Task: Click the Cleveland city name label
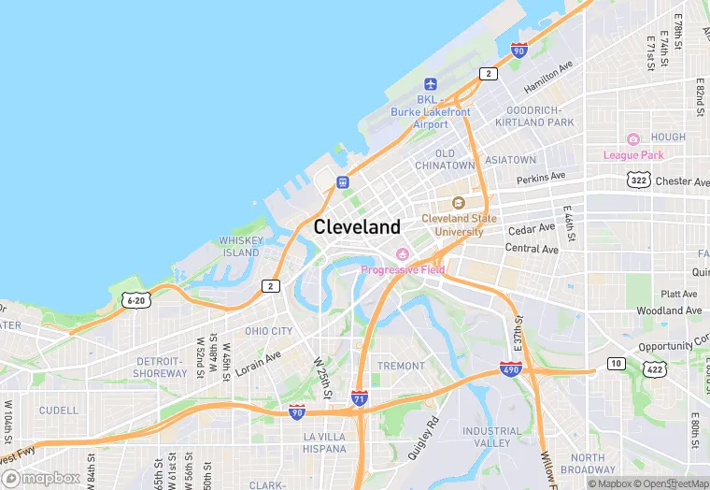(x=357, y=226)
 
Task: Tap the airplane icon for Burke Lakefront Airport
(x=430, y=84)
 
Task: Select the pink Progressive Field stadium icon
(x=403, y=254)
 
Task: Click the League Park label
(x=633, y=154)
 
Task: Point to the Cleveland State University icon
(x=458, y=203)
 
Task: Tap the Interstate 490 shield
(x=510, y=370)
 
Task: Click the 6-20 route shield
(x=135, y=300)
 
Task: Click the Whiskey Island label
(x=240, y=246)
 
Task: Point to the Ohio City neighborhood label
(x=268, y=331)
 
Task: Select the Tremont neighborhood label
(x=401, y=366)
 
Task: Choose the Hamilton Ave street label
(x=547, y=79)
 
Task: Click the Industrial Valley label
(x=491, y=437)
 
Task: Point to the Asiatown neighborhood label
(x=511, y=160)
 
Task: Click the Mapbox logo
(x=42, y=479)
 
